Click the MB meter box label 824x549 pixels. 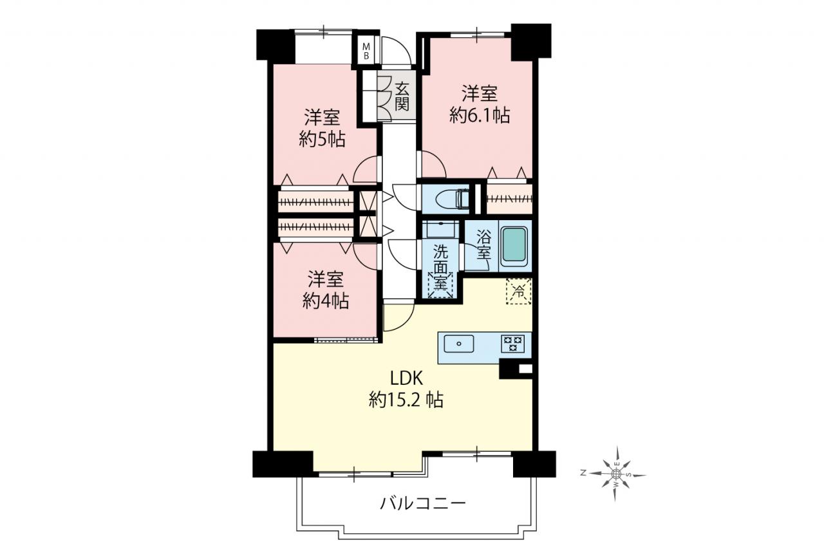366,51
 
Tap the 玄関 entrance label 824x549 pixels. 402,97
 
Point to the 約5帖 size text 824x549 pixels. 323,140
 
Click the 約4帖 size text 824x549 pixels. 326,301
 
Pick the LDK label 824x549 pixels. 406,378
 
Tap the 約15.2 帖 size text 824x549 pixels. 406,400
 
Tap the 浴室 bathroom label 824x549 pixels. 483,245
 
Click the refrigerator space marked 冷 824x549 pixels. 519,292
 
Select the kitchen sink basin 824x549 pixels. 459,344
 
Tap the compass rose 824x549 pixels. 617,474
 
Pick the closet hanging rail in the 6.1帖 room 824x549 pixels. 509,199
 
